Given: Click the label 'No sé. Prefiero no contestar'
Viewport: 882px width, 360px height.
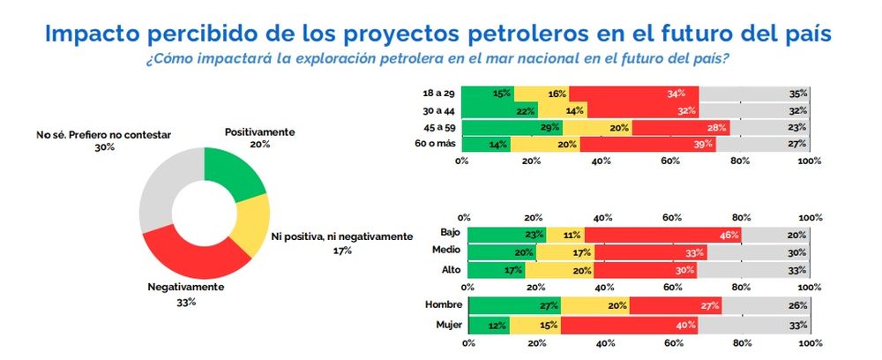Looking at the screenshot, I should click(x=105, y=135).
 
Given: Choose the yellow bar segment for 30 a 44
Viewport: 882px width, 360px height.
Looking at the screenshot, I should click(x=561, y=110).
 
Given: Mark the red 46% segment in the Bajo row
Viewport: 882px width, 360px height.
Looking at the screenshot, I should click(x=661, y=235).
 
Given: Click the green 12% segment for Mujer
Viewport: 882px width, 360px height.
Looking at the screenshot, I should click(x=488, y=324).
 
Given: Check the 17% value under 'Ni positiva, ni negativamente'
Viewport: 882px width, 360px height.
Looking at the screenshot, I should click(x=341, y=251).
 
